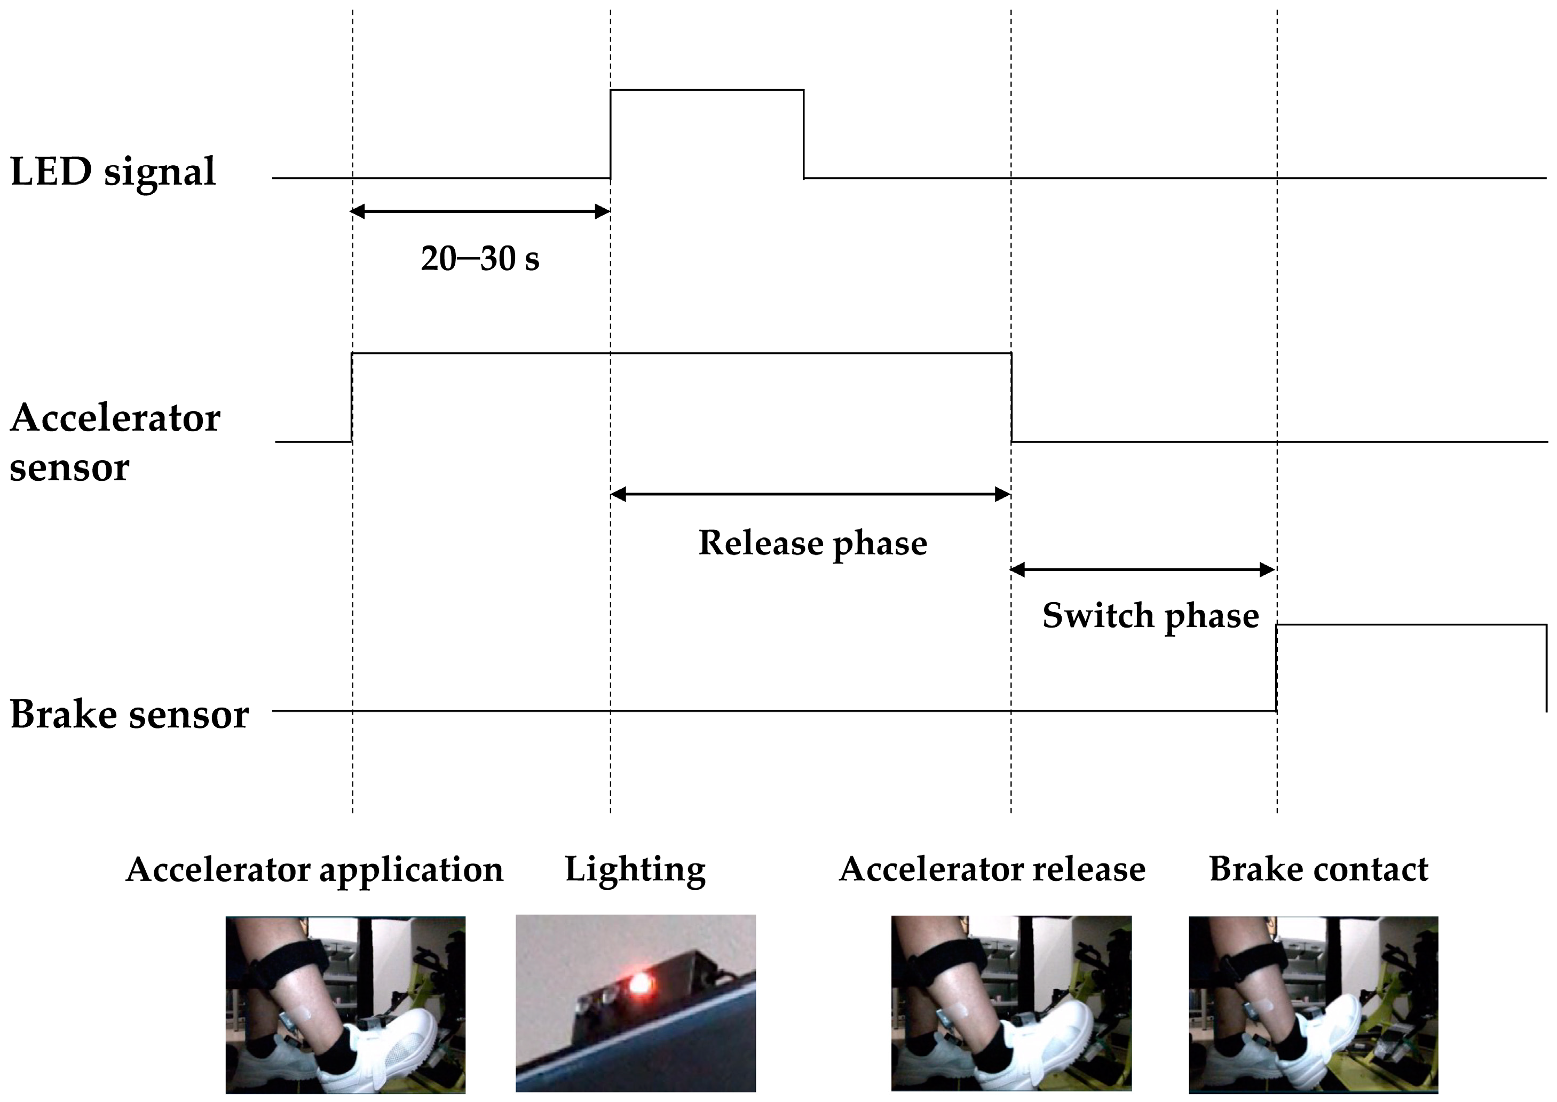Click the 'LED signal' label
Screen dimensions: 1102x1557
coord(113,172)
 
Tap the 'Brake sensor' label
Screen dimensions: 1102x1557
coord(129,715)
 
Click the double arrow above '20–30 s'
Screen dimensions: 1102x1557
coord(480,212)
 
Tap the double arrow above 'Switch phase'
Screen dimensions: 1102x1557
coord(1144,570)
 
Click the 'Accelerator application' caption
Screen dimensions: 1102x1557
coord(314,870)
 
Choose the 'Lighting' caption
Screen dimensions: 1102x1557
coord(635,870)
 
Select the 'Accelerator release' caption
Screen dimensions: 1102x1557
coord(992,870)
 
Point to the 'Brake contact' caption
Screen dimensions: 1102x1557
coord(1318,870)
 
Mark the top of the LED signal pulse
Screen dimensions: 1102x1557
coord(707,90)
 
